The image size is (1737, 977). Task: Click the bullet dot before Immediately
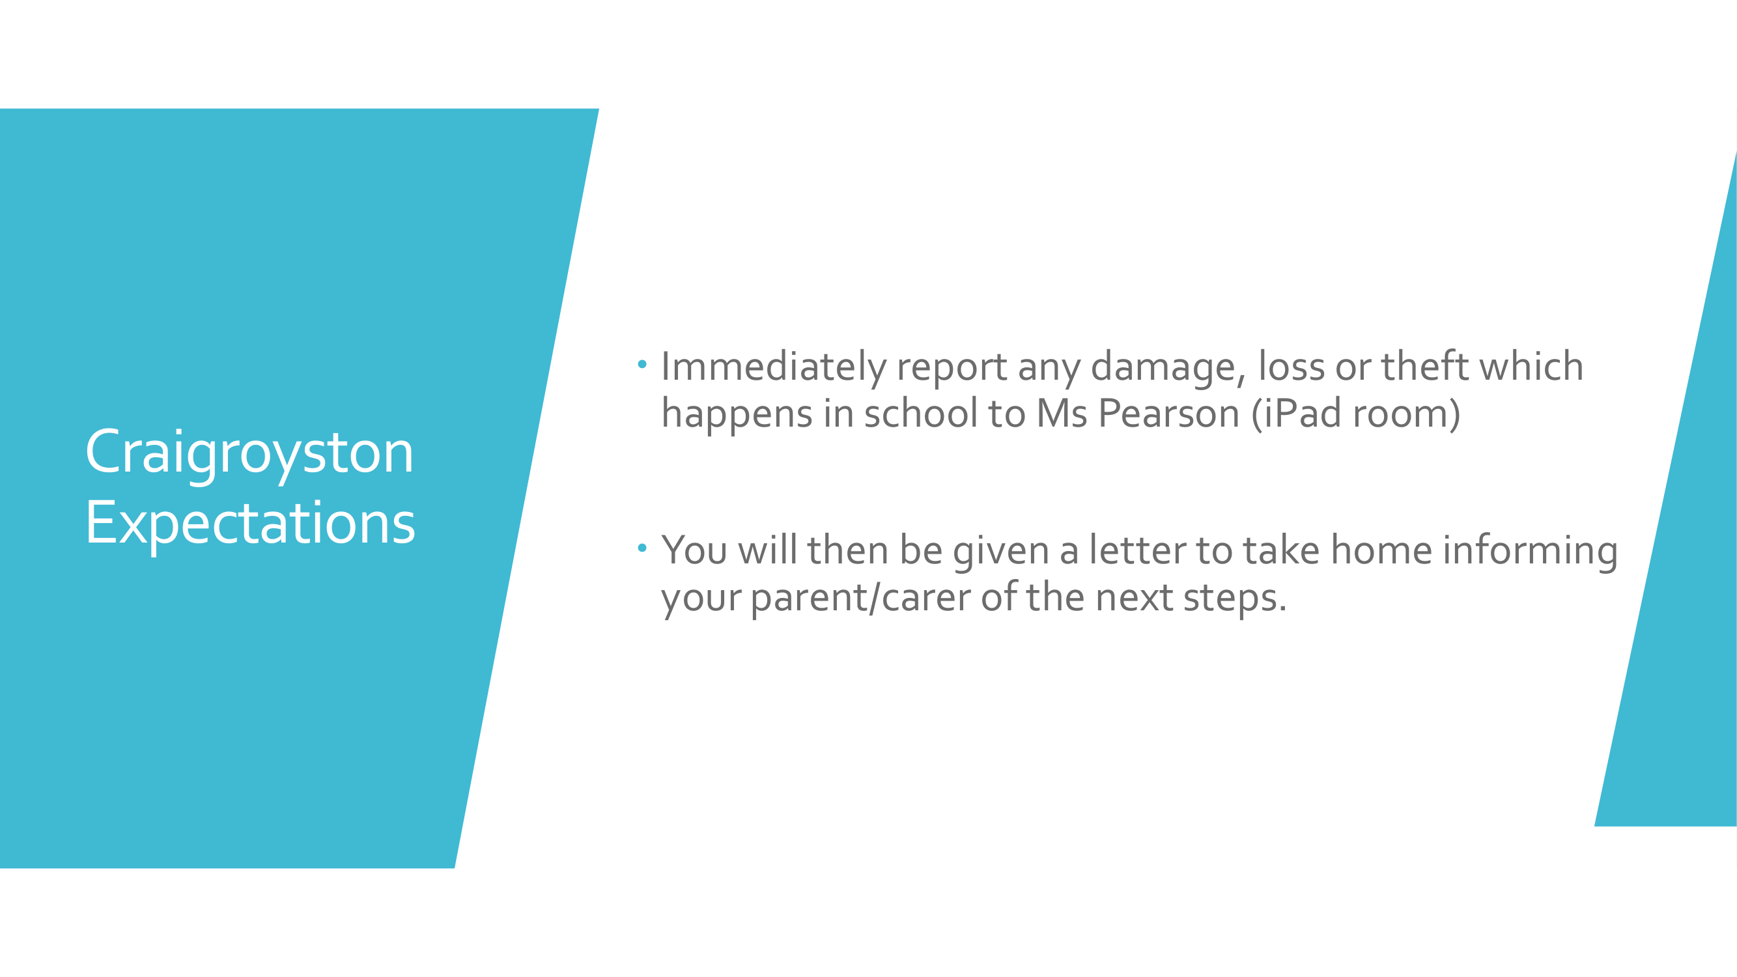click(x=642, y=365)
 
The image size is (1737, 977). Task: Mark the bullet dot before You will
click(x=642, y=548)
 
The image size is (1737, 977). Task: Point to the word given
click(x=1000, y=552)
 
